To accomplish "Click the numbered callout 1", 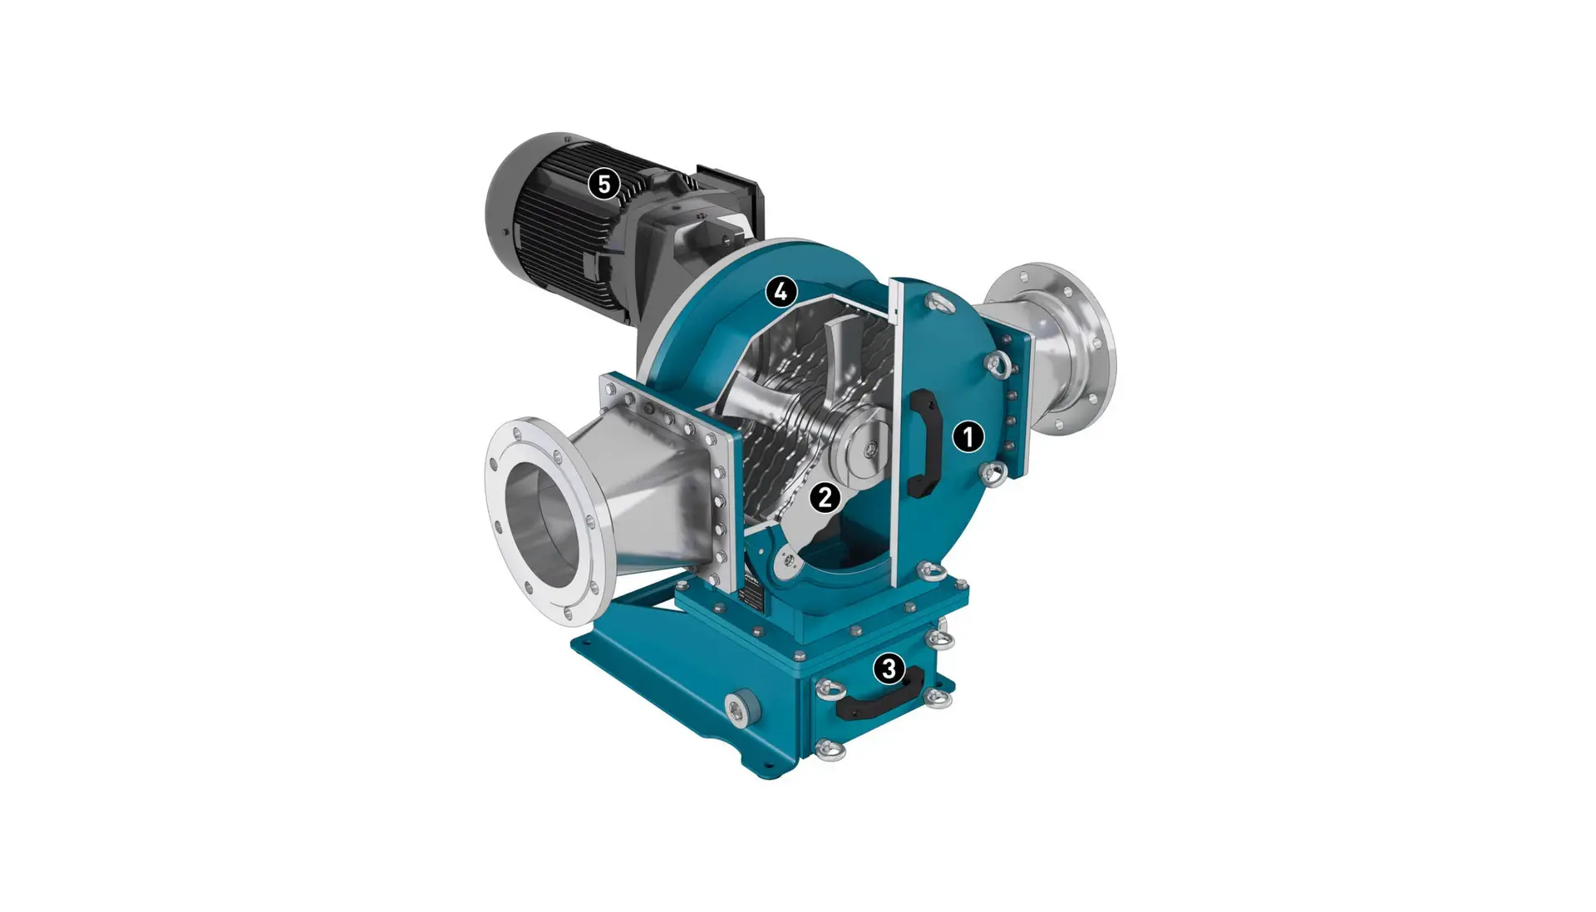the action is (968, 436).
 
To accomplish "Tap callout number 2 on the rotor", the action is (825, 497).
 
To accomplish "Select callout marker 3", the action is (889, 668).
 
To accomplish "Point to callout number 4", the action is (781, 292).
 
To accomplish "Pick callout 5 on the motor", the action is (604, 184).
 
